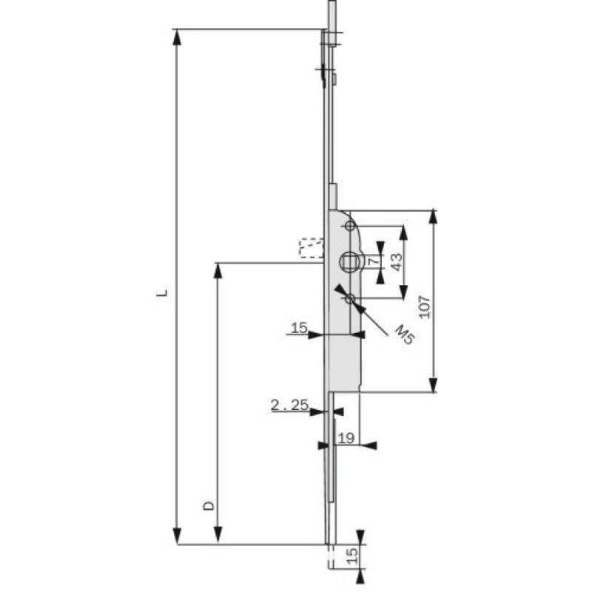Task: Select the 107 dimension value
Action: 424,306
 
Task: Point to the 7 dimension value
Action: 374,261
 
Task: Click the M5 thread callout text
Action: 403,334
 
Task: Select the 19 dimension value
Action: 346,438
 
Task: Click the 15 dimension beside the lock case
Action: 298,327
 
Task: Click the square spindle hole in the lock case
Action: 350,260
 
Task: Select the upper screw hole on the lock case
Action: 351,226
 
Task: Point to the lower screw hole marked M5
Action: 350,299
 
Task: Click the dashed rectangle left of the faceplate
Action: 311,248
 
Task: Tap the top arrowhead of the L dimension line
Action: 177,36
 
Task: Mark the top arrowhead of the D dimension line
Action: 218,269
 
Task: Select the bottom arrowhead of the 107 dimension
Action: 434,385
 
